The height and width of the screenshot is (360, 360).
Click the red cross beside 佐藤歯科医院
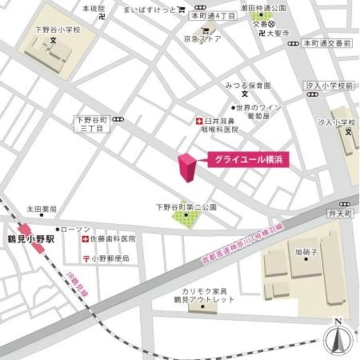coord(84,239)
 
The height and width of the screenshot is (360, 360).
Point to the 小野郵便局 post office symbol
coord(84,259)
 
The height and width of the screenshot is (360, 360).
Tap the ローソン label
coord(75,229)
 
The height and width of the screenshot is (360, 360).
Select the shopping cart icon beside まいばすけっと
coord(181,10)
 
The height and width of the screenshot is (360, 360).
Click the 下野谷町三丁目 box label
coord(92,124)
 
